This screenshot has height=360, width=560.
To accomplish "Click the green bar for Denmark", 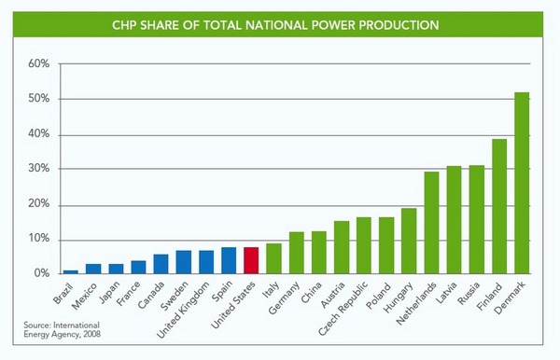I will point(522,184).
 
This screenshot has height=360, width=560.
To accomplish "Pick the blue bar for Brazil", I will point(71,272).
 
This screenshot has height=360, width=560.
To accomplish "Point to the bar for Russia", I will point(477,220).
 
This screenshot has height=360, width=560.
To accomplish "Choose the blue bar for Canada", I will point(161,265).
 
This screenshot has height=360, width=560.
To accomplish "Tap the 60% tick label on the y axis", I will point(37,64).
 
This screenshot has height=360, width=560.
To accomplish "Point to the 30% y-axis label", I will point(37,170).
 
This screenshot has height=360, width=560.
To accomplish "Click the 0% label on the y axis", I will point(40,274).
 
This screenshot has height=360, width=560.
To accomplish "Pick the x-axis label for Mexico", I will point(83,295).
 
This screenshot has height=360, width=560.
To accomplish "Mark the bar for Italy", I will point(273,259).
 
